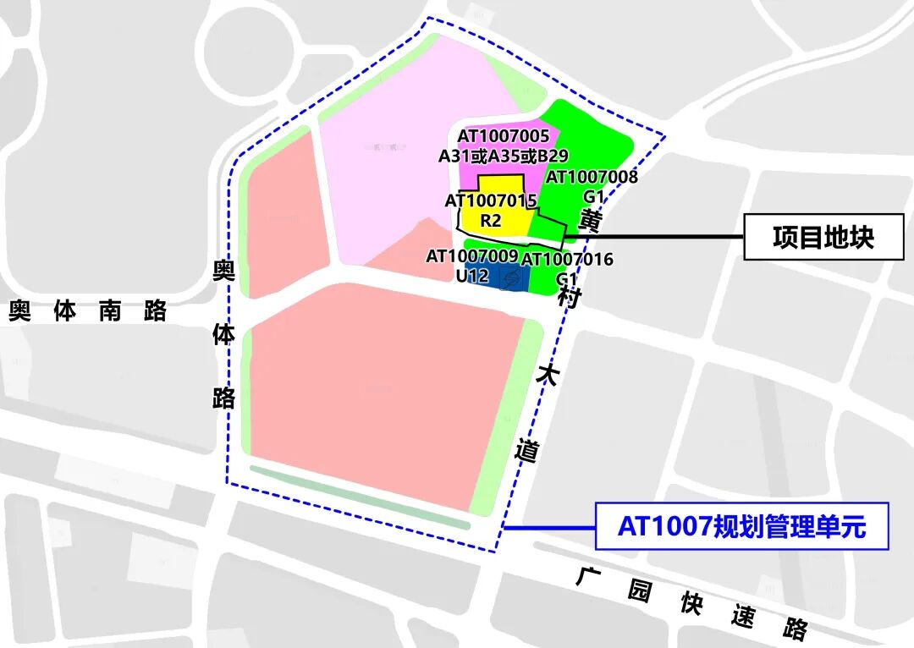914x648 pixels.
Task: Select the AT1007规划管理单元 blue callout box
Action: tap(742, 526)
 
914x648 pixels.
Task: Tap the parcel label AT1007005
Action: tap(504, 136)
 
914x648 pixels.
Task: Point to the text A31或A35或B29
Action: tap(503, 156)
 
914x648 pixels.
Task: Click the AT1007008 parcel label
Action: tap(592, 177)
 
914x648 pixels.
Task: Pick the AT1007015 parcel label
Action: tap(491, 201)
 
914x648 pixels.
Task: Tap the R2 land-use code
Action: tap(491, 221)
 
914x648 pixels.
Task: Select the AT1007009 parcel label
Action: tap(472, 255)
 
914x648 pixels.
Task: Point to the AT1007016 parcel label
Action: tap(567, 259)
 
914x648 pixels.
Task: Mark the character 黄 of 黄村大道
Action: tap(590, 219)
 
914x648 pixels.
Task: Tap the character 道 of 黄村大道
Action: tap(526, 451)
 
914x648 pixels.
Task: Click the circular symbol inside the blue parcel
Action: tap(510, 277)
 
